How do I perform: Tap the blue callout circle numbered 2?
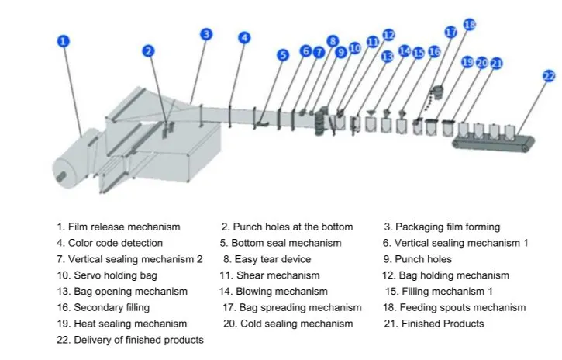tap(149, 51)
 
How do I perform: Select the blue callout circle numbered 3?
tap(206, 34)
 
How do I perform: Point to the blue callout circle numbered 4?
tap(244, 37)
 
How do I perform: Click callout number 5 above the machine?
tap(283, 55)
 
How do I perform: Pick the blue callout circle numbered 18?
tap(469, 25)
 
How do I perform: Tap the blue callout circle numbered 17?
tap(451, 33)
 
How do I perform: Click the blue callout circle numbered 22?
tap(549, 75)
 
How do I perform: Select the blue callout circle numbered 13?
tap(388, 56)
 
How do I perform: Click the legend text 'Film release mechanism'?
tap(118, 227)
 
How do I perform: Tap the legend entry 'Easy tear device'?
tap(267, 259)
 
